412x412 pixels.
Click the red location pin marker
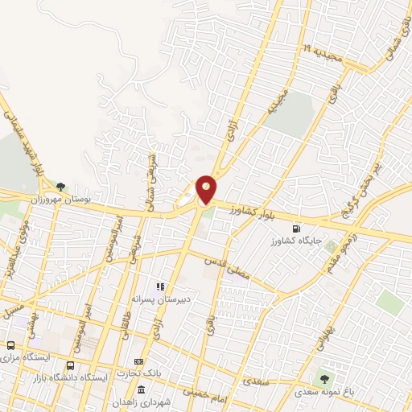click(x=206, y=190)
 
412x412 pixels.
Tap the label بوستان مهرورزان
click(x=95, y=198)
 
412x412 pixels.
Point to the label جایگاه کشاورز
click(x=298, y=239)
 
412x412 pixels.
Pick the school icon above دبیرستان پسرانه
click(x=160, y=286)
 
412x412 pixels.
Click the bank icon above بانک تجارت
click(x=138, y=361)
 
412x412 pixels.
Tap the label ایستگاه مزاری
click(x=23, y=356)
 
